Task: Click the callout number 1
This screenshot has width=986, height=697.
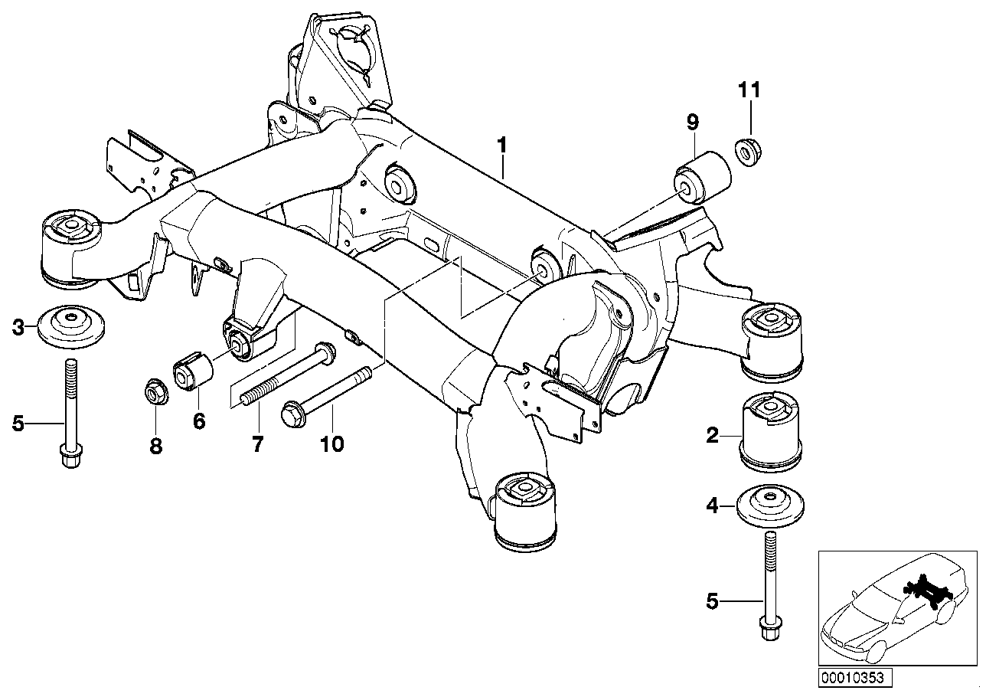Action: click(x=502, y=144)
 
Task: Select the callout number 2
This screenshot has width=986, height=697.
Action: click(x=712, y=437)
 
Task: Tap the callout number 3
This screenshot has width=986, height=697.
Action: click(x=18, y=328)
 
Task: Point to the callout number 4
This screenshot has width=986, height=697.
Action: click(x=712, y=506)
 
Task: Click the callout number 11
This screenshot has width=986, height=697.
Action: click(x=750, y=90)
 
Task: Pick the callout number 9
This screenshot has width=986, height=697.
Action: click(x=692, y=120)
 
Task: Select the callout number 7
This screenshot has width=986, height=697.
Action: click(x=257, y=443)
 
